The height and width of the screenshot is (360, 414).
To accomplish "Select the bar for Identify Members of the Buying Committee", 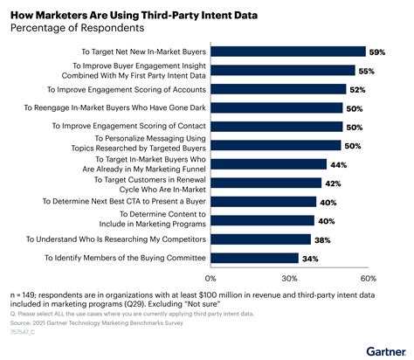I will point(256,258).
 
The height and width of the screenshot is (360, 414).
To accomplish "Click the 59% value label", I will point(378,52).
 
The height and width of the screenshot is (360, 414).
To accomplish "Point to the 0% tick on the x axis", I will point(214,278).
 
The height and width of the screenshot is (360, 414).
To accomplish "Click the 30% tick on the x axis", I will point(290,278).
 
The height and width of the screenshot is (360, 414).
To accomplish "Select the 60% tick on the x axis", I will point(368,278).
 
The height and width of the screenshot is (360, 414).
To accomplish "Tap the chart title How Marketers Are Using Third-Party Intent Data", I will point(122,10).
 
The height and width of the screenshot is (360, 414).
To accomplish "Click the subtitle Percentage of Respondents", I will point(67,26).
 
